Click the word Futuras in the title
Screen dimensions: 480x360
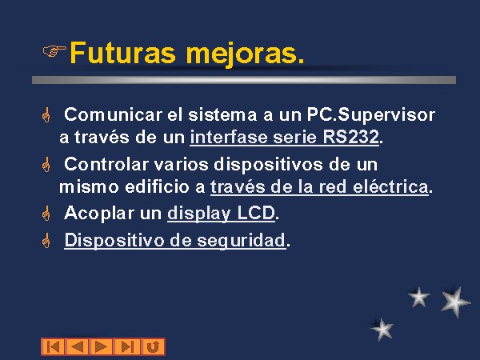[x=122, y=53]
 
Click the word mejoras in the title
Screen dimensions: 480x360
[x=242, y=54]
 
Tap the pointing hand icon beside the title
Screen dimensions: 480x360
[x=54, y=51]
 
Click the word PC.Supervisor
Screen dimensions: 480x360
[x=370, y=115]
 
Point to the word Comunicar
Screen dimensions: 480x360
[x=113, y=114]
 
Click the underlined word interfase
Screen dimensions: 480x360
[x=229, y=137]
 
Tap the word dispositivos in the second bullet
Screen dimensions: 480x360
[x=268, y=164]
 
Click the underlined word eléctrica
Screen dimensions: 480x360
[x=390, y=186]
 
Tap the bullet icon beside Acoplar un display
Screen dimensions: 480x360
[x=46, y=214]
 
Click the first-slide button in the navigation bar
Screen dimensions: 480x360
[x=54, y=347]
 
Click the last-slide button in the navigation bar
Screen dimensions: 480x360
[x=127, y=347]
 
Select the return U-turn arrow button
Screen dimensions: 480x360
[x=153, y=347]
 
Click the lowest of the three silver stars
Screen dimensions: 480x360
[x=382, y=329]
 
